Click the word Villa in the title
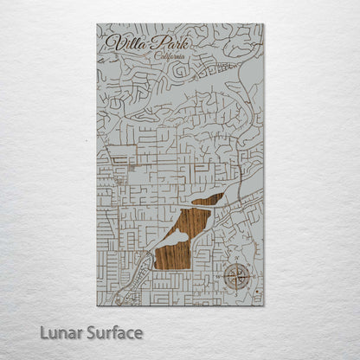(124, 43)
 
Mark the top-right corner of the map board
(264, 23)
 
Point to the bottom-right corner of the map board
(264, 305)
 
